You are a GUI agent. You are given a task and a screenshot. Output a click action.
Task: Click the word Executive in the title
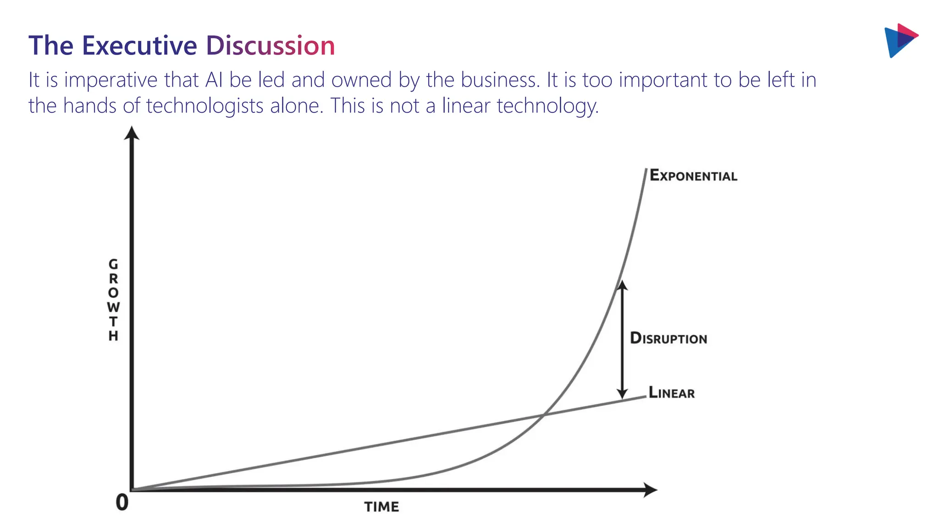point(139,46)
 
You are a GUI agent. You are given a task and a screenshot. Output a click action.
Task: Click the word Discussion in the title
point(271,46)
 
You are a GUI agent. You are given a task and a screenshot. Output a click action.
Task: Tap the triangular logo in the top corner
point(900,40)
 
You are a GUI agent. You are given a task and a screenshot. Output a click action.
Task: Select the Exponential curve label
point(693,176)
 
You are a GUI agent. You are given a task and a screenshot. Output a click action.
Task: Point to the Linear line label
point(672,393)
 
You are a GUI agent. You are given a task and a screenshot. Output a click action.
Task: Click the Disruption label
point(668,338)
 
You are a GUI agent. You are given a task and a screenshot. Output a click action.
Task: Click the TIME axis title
point(381,507)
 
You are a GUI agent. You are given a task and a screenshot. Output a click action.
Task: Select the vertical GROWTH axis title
point(113,300)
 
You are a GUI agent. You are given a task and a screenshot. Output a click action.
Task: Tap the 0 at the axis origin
point(122,502)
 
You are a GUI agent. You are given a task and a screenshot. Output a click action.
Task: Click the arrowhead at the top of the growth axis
point(132,133)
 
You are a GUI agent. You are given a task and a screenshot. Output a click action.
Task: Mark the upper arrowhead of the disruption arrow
point(622,285)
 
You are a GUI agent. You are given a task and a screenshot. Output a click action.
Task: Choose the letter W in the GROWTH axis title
point(113,307)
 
